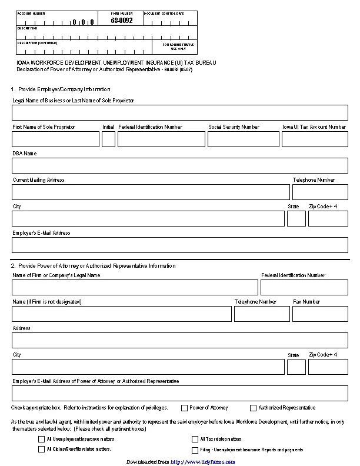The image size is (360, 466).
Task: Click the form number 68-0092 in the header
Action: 122,21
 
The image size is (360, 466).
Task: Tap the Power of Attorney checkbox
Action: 185,408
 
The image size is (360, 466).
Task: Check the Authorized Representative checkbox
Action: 254,408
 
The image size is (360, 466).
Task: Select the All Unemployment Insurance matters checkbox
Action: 41,439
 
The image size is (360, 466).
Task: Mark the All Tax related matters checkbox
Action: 195,439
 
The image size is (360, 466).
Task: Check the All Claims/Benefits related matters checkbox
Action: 41,449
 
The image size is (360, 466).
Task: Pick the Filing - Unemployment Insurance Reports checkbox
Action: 195,450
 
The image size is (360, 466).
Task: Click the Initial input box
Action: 108,139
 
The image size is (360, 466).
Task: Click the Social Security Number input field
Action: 243,139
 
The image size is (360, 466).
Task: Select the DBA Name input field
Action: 180,165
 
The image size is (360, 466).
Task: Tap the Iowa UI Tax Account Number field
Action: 315,139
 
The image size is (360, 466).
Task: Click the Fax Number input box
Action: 320,314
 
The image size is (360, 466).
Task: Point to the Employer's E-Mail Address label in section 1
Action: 41,233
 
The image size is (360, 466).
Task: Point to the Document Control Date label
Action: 164,13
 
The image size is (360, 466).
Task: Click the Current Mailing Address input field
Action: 151,192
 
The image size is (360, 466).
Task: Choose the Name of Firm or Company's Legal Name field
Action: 135,287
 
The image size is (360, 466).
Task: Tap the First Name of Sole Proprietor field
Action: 56,139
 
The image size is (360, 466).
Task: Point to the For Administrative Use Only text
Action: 182,46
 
